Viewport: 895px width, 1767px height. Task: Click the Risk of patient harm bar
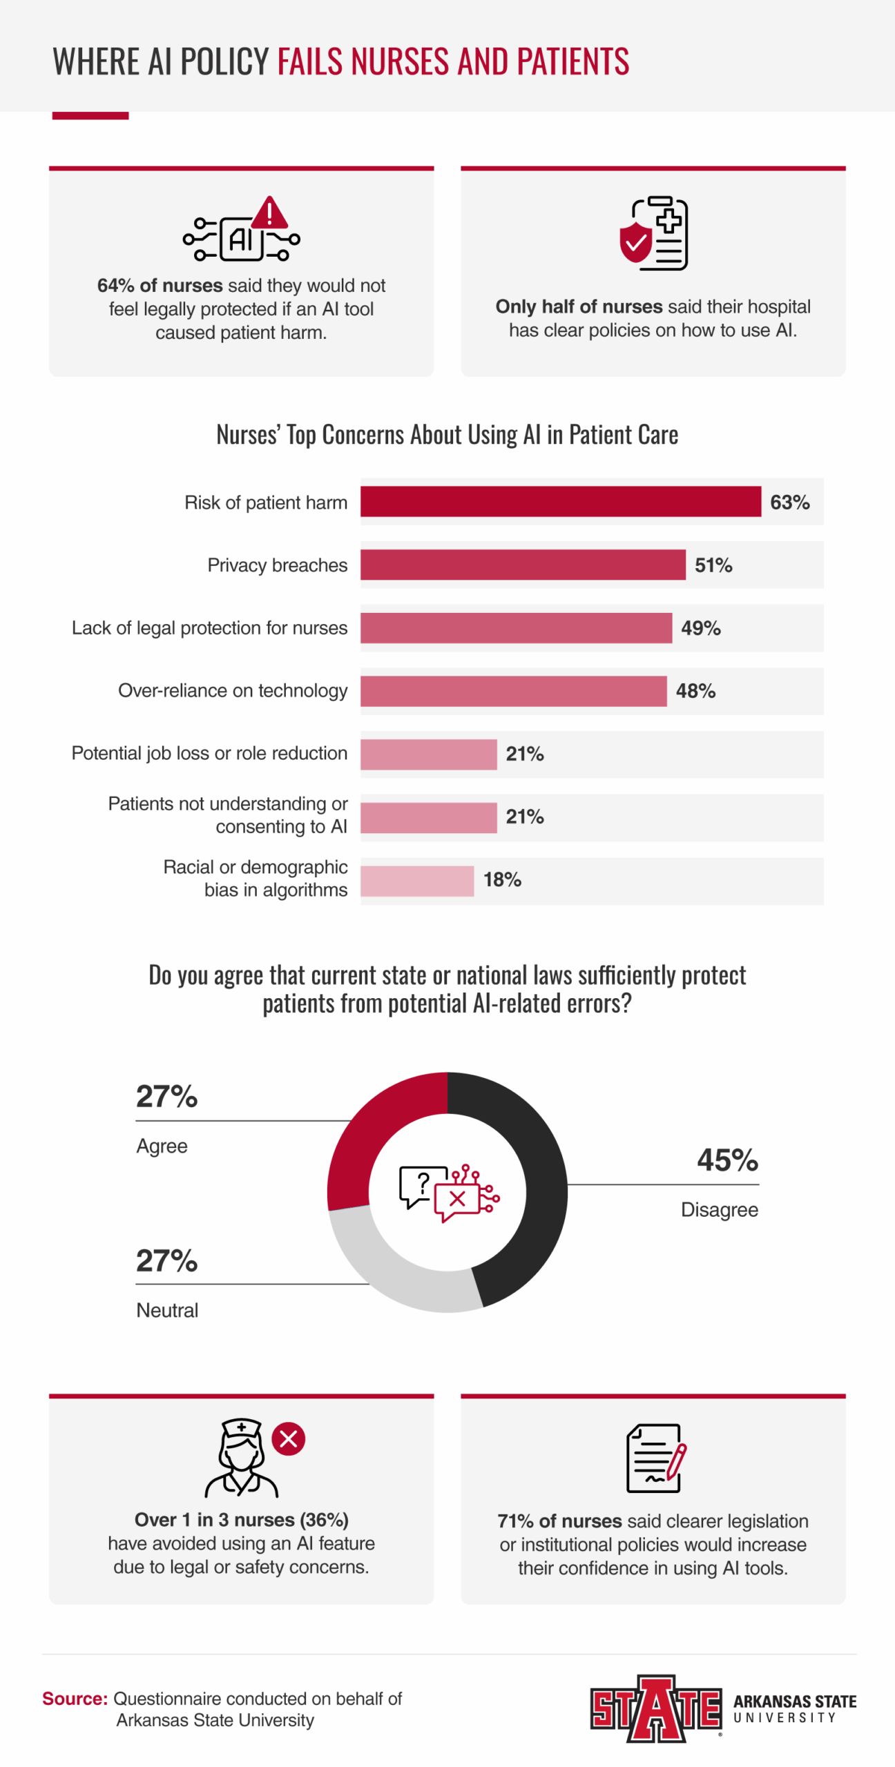tap(560, 502)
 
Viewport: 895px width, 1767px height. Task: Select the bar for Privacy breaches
tap(523, 565)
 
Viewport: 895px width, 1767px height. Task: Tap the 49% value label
tap(700, 628)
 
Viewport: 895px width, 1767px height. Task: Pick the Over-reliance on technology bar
tap(513, 691)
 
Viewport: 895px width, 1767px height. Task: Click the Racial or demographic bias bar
tap(417, 881)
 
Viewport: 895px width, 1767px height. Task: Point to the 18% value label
tap(502, 880)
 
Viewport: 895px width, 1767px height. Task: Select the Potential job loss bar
tap(428, 754)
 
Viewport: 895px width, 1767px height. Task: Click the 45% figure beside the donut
tap(727, 1160)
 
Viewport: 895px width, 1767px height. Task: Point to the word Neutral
tap(167, 1310)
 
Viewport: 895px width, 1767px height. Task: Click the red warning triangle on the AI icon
tap(269, 213)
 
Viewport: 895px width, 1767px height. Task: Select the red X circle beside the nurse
tap(289, 1439)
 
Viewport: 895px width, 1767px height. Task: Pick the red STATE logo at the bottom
tap(655, 1709)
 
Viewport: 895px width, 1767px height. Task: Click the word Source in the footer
tap(75, 1699)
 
